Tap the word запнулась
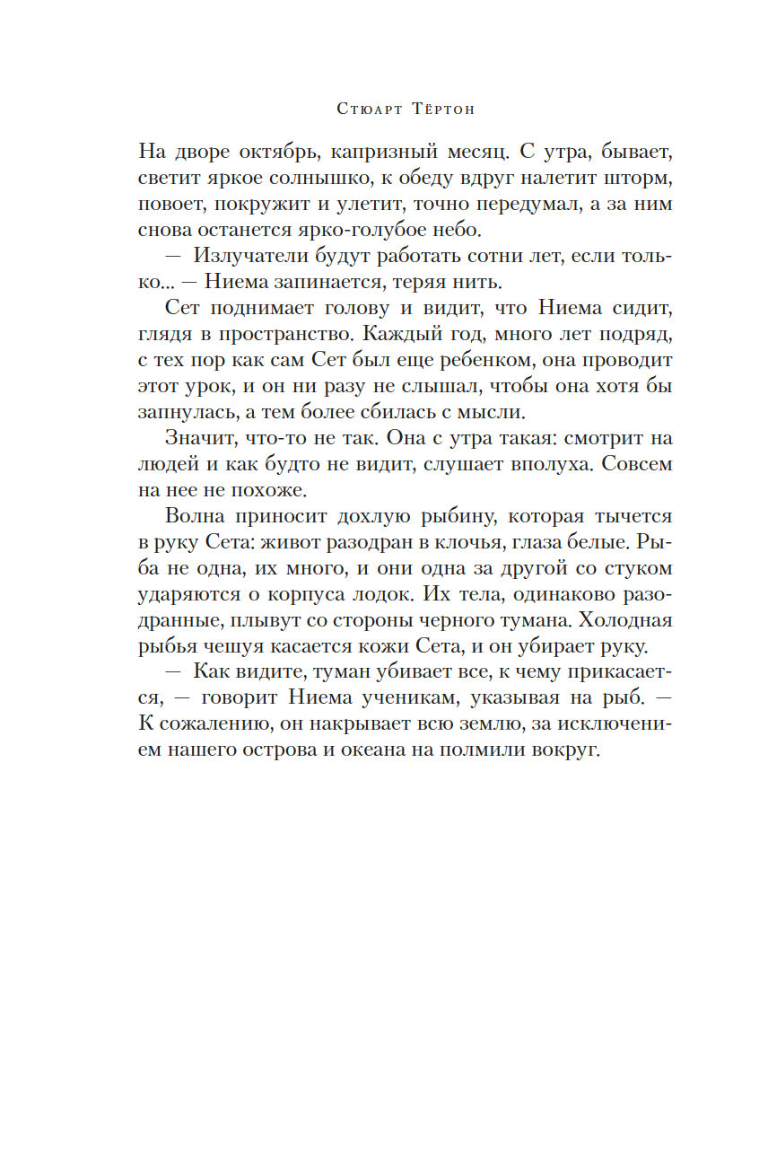click(x=185, y=411)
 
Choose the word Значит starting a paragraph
click(x=195, y=440)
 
